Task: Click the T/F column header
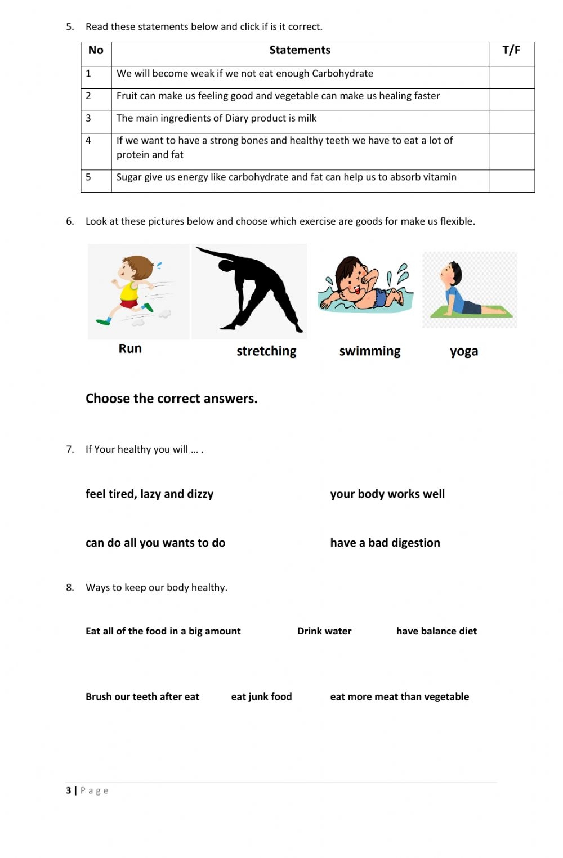pyautogui.click(x=511, y=51)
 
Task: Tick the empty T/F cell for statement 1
pyautogui.click(x=511, y=77)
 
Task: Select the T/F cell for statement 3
pyautogui.click(x=511, y=122)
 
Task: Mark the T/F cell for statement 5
pyautogui.click(x=511, y=181)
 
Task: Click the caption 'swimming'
pyautogui.click(x=370, y=351)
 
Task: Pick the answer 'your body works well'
pyautogui.click(x=387, y=494)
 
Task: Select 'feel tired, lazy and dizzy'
pyautogui.click(x=149, y=494)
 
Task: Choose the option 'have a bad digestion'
pyautogui.click(x=385, y=543)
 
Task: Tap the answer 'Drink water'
pyautogui.click(x=324, y=631)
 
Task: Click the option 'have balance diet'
pyautogui.click(x=436, y=631)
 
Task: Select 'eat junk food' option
pyautogui.click(x=261, y=696)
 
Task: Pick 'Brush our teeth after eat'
pyautogui.click(x=142, y=696)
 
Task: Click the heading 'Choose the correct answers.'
pyautogui.click(x=171, y=399)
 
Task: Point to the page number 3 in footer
pyautogui.click(x=69, y=790)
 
